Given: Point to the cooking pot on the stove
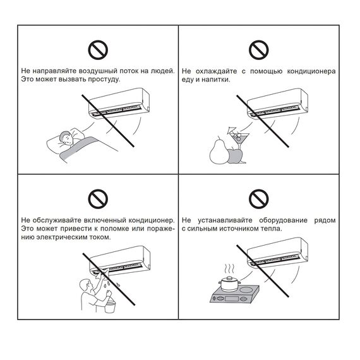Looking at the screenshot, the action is pos(229,284).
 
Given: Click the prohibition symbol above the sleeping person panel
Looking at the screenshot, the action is pos(98,50).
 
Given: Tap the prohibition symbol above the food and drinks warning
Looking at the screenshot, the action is pos(259,50).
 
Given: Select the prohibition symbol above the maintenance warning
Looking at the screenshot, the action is pos(98,199).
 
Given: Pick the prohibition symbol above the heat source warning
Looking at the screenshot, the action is pos(259,199).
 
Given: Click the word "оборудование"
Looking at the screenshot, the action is pos(283,220).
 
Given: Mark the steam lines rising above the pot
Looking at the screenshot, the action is pos(229,268).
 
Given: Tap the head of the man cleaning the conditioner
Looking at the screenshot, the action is pos(86,285).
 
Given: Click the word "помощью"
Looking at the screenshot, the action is pos(266,71).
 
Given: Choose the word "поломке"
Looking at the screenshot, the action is pos(114,229).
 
